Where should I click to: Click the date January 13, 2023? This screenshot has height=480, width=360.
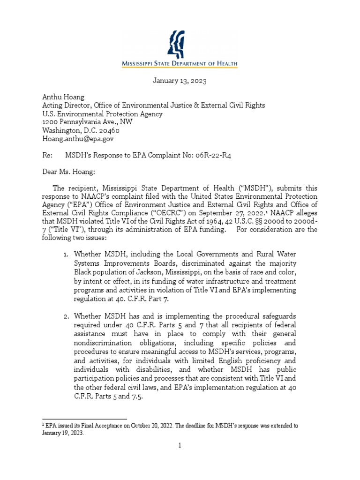click(x=180, y=81)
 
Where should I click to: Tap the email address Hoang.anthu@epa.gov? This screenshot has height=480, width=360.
click(x=78, y=139)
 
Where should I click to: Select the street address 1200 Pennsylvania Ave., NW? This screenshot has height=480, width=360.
click(x=87, y=122)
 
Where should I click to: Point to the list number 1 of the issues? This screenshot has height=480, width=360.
click(x=66, y=254)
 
